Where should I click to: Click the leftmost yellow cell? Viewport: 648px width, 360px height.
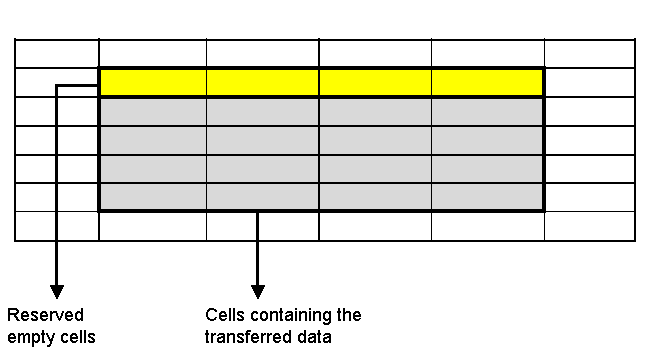click(153, 82)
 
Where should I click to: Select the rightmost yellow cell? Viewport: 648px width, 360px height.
click(487, 82)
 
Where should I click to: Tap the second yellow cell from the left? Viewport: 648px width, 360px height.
click(263, 82)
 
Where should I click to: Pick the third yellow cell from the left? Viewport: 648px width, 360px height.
click(375, 82)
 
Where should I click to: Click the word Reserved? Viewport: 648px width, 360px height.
click(45, 315)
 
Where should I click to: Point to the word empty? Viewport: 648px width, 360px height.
click(29, 337)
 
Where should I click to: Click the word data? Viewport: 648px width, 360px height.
click(313, 337)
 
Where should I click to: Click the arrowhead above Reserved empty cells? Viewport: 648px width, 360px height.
click(56, 291)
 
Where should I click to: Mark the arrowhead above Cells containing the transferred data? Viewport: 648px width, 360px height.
click(258, 291)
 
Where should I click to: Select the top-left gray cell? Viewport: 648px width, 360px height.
click(153, 111)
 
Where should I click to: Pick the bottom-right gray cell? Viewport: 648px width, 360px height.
click(487, 197)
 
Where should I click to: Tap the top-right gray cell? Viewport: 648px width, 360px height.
click(487, 111)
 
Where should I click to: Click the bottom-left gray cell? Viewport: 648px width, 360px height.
click(153, 197)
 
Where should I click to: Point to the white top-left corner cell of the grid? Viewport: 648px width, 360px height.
click(57, 53)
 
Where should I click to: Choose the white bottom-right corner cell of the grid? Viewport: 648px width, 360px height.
click(589, 226)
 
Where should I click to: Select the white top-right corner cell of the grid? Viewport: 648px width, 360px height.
click(589, 53)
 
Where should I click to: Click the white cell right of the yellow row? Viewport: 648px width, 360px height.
click(589, 82)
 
